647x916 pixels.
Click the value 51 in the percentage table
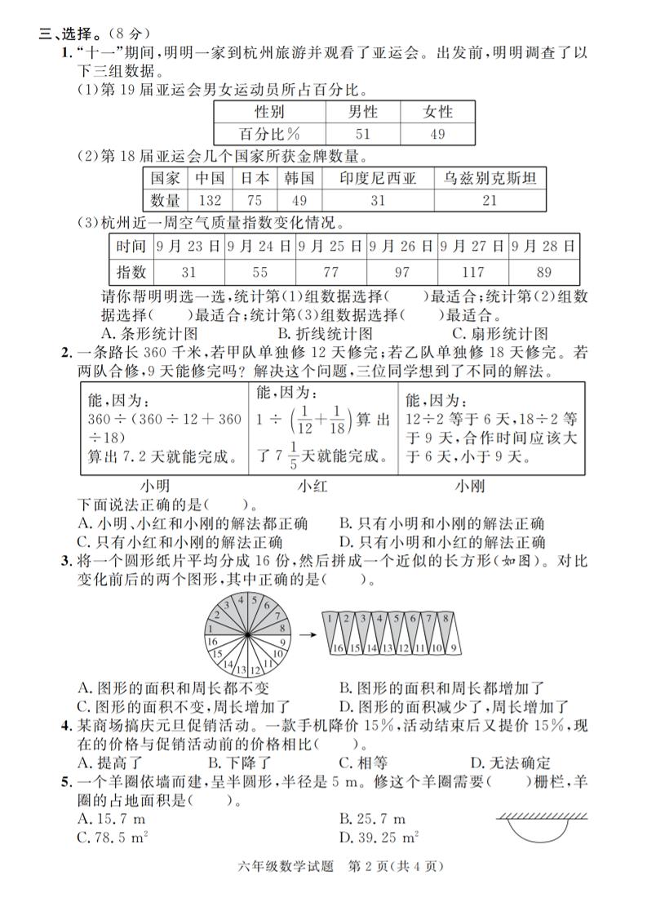click(363, 134)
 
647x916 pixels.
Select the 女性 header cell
click(438, 112)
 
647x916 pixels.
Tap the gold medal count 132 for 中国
click(210, 200)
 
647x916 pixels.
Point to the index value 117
click(473, 273)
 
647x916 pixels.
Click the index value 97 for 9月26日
click(402, 273)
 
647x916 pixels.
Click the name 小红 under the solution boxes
click(312, 486)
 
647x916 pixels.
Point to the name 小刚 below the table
click(469, 486)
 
